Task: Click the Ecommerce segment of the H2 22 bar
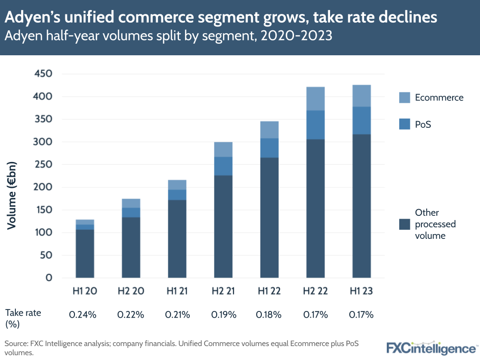click(x=315, y=99)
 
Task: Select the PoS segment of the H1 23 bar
click(x=361, y=120)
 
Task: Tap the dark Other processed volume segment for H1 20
click(x=85, y=253)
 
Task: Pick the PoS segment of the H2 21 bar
click(x=223, y=166)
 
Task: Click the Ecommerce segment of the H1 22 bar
click(x=269, y=130)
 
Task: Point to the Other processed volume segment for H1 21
click(x=177, y=238)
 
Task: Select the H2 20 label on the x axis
click(x=131, y=291)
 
